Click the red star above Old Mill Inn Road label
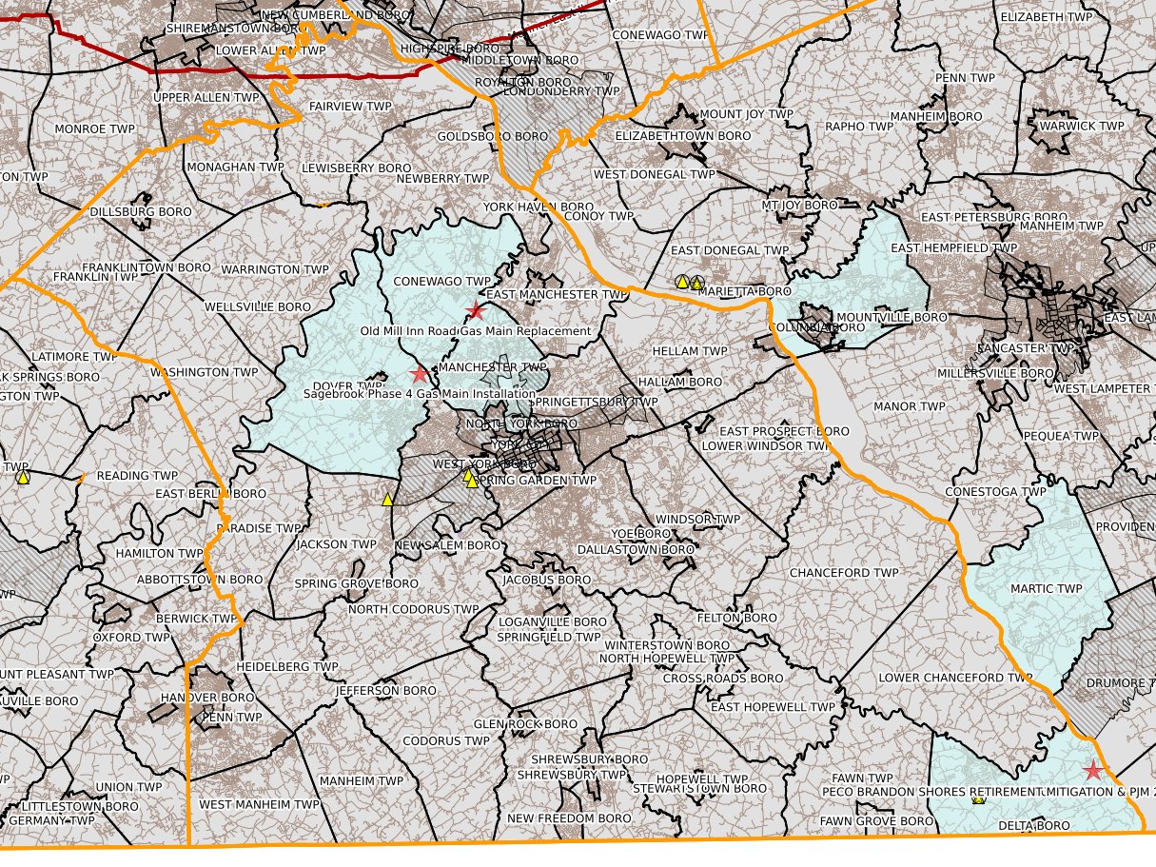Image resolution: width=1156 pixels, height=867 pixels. point(477,310)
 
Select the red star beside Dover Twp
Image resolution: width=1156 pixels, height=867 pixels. point(419,374)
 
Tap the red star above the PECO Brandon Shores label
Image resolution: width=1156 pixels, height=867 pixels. point(1092,770)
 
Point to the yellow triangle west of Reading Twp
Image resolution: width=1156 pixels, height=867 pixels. point(23,477)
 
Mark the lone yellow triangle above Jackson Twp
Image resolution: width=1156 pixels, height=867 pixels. point(387,499)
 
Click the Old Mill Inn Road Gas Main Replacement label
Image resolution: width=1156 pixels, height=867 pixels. point(476,331)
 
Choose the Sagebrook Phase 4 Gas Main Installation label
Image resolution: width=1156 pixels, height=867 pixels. point(420,393)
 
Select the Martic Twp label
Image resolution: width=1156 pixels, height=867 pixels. point(1046,588)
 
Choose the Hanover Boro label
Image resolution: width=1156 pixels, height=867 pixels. point(207,698)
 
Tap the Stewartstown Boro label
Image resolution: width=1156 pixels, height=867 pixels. point(700,788)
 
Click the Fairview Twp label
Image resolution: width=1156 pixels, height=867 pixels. point(349,107)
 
